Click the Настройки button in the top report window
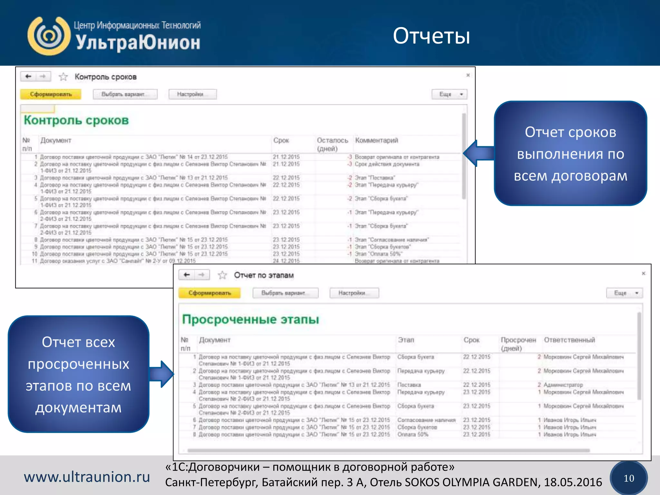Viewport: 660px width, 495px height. point(192,94)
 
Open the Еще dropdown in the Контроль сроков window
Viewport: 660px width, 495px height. point(449,94)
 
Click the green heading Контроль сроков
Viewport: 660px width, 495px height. point(76,120)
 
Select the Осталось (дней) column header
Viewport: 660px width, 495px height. point(332,144)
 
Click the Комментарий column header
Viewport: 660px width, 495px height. point(376,141)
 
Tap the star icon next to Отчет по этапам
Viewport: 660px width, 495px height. point(222,275)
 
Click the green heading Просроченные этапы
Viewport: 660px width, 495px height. point(250,319)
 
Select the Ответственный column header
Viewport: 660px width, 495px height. point(569,340)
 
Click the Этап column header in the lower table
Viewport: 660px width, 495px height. point(406,340)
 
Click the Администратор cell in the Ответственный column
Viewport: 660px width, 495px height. point(563,385)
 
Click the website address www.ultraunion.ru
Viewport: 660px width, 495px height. point(87,477)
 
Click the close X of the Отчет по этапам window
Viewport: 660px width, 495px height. point(643,273)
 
